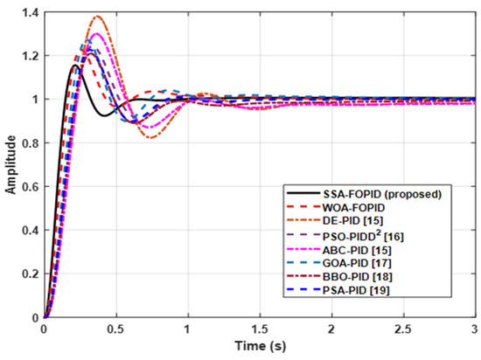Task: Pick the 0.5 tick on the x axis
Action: coord(115,330)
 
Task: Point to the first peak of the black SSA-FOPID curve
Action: coord(76,65)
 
